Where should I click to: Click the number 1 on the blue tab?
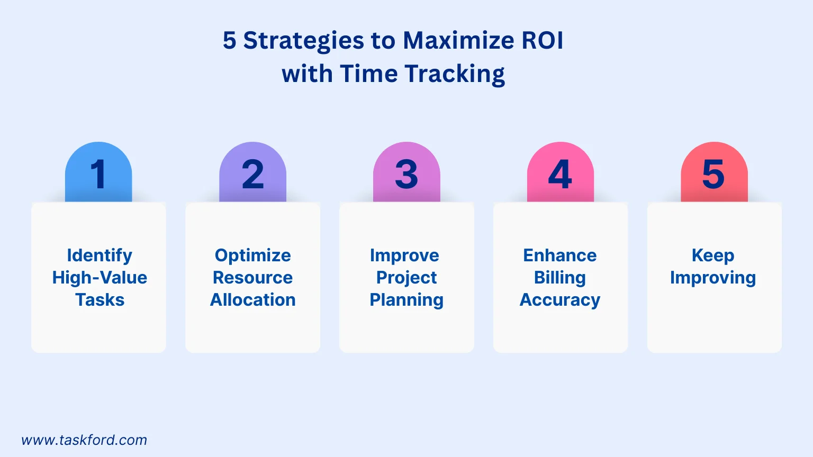tap(99, 174)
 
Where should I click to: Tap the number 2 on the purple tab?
tap(253, 174)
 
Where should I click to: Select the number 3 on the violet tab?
tap(406, 174)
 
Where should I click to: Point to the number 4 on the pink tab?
tap(560, 174)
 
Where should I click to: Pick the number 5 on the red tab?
tap(713, 174)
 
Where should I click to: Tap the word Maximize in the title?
tap(458, 41)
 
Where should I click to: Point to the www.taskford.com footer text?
tap(84, 440)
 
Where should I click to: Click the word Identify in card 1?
tap(100, 255)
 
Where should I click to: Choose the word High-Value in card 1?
tap(100, 278)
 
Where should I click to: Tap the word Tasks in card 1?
tap(100, 300)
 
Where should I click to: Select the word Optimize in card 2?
tap(253, 255)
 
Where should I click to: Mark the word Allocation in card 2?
tap(253, 300)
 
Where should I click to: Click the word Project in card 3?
tap(406, 278)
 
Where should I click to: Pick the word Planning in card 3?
tap(406, 300)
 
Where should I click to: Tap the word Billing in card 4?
tap(560, 278)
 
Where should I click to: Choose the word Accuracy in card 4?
tap(560, 300)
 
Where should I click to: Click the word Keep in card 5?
tap(713, 255)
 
